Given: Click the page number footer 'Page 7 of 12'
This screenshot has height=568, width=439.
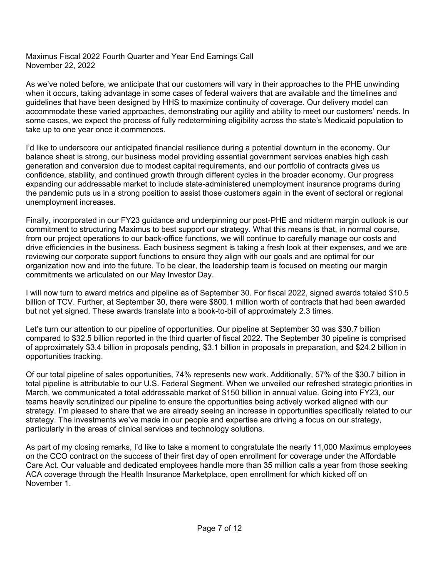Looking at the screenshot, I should (219, 528).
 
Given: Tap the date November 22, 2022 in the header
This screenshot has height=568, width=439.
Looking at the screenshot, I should (60, 66).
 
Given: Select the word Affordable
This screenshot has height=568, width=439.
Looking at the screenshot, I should (378, 456).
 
